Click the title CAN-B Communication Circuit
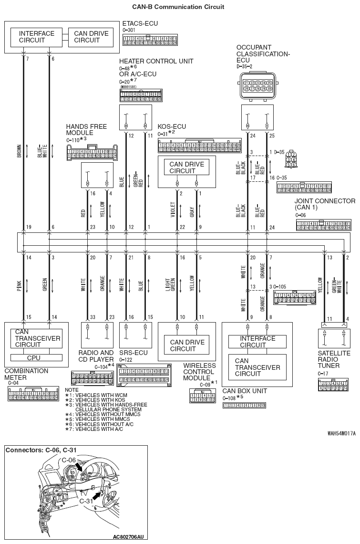point(180,7)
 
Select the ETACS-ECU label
point(140,23)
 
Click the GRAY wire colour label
point(192,211)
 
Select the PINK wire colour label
point(19,286)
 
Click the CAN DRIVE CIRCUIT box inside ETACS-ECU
point(91,37)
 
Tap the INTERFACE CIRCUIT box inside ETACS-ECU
point(37,37)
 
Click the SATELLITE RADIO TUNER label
point(334,359)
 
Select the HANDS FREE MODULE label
point(86,129)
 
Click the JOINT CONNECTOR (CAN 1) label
point(325,204)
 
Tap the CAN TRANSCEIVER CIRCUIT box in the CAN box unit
point(257,367)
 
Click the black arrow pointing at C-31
point(97,495)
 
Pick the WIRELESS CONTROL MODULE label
point(199,372)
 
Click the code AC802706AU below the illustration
point(129,537)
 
